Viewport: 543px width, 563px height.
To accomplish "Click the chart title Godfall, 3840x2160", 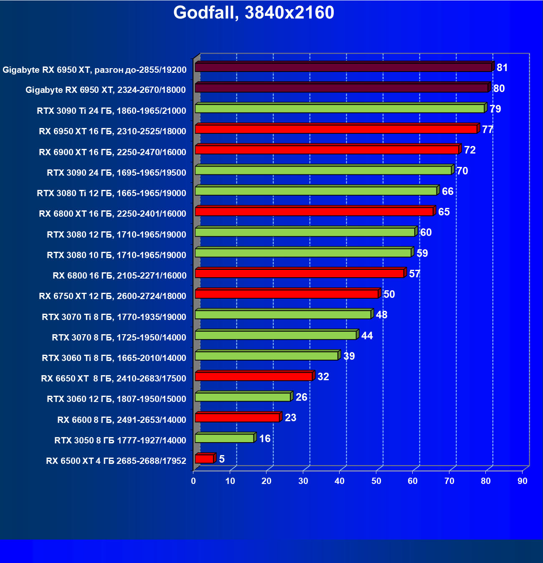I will click(x=254, y=13).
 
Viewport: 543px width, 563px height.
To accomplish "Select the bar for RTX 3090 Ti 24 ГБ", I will click(x=340, y=108).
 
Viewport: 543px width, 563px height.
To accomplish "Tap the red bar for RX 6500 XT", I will click(x=204, y=459).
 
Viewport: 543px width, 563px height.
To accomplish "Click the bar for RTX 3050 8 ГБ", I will click(x=224, y=438).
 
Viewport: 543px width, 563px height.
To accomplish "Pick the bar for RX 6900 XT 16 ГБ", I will click(x=327, y=150).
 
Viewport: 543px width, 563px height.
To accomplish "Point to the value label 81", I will click(x=502, y=68).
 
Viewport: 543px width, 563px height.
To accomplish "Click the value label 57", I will click(x=414, y=274).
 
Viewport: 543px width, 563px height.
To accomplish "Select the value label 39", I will click(x=349, y=356).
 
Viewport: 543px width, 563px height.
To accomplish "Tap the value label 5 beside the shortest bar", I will click(x=222, y=459).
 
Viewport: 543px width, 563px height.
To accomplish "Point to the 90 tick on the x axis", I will click(x=522, y=481).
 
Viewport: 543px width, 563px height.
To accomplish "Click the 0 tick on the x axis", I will click(x=193, y=481).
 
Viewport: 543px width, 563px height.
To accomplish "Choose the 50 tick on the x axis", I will click(x=376, y=481).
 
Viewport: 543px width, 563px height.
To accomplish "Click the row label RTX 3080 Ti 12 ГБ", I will click(x=112, y=193).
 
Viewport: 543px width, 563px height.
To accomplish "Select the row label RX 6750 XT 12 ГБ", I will click(x=112, y=296).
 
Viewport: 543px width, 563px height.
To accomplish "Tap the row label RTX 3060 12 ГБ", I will click(x=117, y=399).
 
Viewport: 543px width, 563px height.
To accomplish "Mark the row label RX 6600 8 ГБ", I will click(x=122, y=420).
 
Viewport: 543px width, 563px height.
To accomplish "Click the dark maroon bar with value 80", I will click(x=341, y=88).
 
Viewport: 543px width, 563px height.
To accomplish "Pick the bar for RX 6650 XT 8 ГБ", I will click(x=254, y=376).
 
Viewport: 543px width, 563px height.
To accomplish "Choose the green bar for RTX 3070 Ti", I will click(x=283, y=315).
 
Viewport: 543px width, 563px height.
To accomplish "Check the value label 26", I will click(x=301, y=397).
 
